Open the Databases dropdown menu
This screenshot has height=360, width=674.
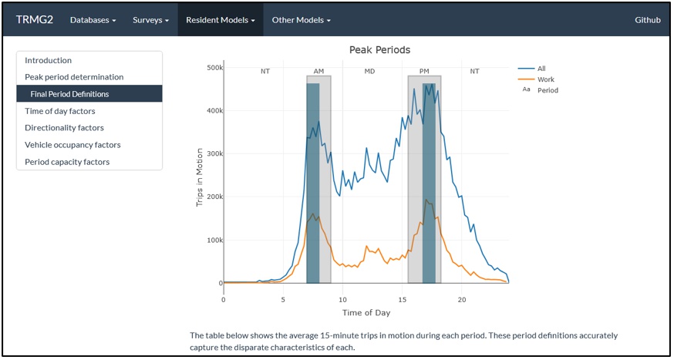click(x=93, y=20)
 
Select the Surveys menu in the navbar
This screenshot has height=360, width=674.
click(x=150, y=20)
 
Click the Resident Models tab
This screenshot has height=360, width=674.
click(x=220, y=20)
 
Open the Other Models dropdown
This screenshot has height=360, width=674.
click(x=301, y=20)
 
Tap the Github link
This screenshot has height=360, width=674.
click(x=648, y=20)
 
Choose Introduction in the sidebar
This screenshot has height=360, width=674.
click(x=48, y=60)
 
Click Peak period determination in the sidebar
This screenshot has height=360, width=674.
click(x=74, y=77)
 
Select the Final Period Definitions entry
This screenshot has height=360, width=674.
click(x=69, y=94)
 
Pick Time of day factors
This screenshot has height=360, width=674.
click(x=60, y=111)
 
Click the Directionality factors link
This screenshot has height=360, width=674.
click(x=64, y=128)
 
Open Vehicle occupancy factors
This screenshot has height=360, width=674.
click(x=72, y=145)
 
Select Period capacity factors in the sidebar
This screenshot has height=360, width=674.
click(x=67, y=162)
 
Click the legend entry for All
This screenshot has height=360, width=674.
click(x=541, y=69)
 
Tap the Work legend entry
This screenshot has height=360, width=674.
click(x=545, y=79)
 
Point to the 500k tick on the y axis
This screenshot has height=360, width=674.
click(x=209, y=68)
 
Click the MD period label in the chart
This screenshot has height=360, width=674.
click(x=369, y=71)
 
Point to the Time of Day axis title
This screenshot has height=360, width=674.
click(x=366, y=312)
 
